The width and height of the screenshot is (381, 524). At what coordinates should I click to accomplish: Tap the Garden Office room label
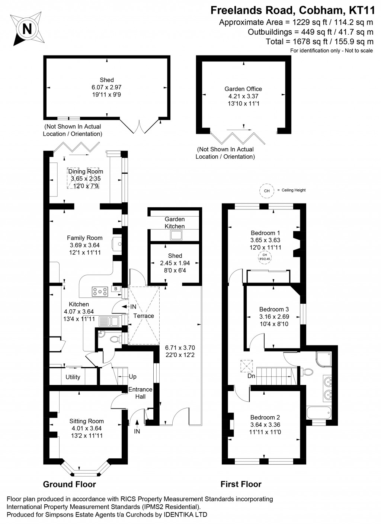pos(243,89)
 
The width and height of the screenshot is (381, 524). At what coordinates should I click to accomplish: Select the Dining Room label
pos(85,171)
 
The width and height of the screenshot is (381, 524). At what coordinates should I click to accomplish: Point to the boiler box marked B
pos(116,288)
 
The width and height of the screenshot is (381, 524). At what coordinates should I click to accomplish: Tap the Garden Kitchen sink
pos(175,235)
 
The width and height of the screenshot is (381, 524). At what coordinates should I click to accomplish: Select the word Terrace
pos(144,316)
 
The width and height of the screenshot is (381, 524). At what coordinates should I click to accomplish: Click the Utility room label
pos(73,377)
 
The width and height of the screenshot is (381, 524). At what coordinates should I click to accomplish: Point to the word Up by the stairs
pos(132,376)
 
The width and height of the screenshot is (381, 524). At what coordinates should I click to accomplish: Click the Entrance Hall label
pos(140,393)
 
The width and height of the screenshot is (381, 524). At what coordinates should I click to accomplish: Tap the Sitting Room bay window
pos(86,474)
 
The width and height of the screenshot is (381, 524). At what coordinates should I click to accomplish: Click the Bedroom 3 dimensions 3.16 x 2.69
pos(274,316)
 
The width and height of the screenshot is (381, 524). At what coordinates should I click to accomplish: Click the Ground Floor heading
pos(70,484)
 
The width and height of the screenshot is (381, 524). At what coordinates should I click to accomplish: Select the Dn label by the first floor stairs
pos(252,376)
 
